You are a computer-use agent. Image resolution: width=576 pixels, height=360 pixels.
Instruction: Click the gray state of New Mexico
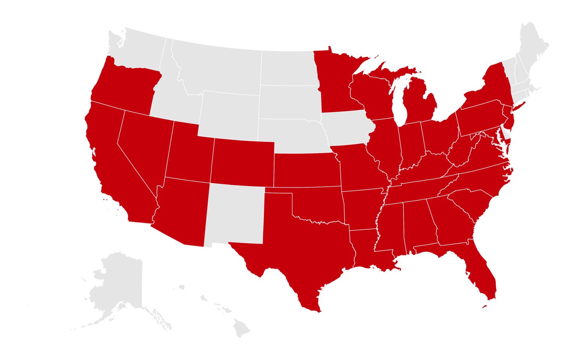coord(234,214)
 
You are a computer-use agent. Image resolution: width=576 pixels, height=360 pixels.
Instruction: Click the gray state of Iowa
coord(347,129)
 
